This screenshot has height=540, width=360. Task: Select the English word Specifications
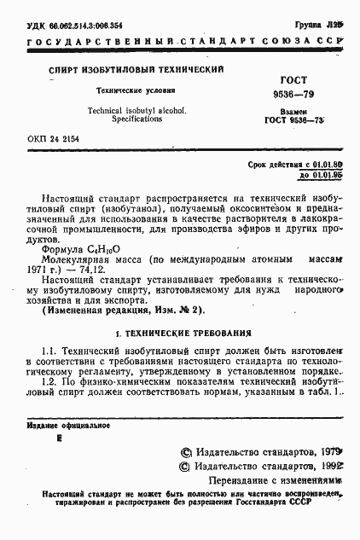point(137,119)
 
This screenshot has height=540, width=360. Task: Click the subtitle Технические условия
point(136,89)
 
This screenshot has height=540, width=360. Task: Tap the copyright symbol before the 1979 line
point(187,453)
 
